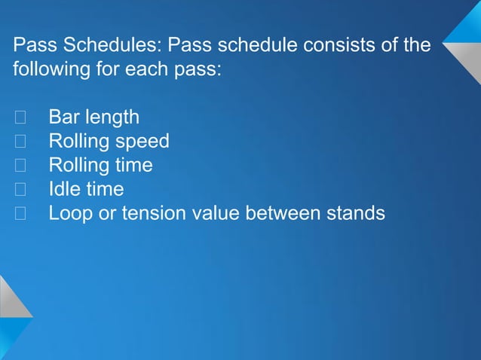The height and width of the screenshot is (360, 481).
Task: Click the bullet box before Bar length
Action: [x=20, y=117]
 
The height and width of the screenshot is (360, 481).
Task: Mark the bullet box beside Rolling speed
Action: [x=20, y=142]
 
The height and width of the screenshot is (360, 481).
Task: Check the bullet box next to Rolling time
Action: [x=20, y=166]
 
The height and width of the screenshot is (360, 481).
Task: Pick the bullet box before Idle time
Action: [x=20, y=190]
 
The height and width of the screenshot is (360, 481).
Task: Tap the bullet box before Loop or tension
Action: [x=20, y=214]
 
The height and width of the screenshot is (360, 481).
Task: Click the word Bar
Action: [x=64, y=117]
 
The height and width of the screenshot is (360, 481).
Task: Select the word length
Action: [x=112, y=117]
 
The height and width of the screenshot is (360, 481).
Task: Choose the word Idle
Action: [x=66, y=189]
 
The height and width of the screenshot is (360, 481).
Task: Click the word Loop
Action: [x=69, y=214]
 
